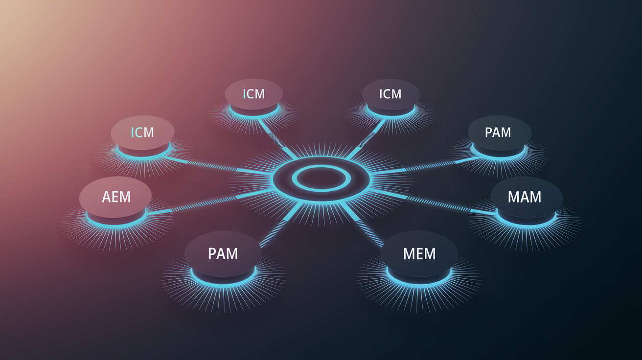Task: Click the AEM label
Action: pyautogui.click(x=116, y=197)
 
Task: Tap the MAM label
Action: pyautogui.click(x=525, y=197)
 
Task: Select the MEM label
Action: pyautogui.click(x=419, y=254)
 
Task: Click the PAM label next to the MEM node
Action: pyautogui.click(x=223, y=254)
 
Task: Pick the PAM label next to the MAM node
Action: pyautogui.click(x=498, y=133)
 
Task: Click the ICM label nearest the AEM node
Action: pyautogui.click(x=142, y=133)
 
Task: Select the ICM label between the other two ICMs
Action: pyautogui.click(x=253, y=94)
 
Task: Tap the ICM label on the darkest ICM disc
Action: pyautogui.click(x=390, y=94)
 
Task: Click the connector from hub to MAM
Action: pyautogui.click(x=434, y=202)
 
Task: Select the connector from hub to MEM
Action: pyautogui.click(x=363, y=225)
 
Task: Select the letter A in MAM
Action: pyautogui.click(x=525, y=197)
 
